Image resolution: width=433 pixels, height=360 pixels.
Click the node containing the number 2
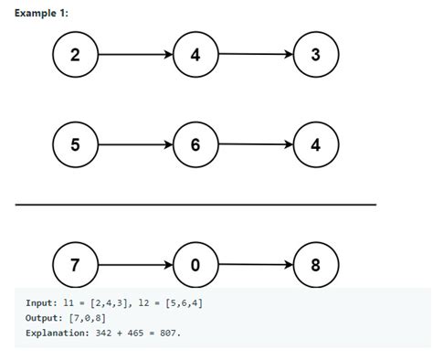(75, 55)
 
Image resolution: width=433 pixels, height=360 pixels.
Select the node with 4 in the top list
(195, 55)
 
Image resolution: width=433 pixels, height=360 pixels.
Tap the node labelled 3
(316, 55)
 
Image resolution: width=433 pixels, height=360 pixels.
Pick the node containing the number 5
(75, 144)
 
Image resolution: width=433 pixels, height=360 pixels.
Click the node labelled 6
(195, 144)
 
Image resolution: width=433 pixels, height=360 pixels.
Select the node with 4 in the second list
(316, 144)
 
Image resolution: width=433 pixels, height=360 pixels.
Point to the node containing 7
(75, 266)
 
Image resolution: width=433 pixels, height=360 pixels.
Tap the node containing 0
(195, 266)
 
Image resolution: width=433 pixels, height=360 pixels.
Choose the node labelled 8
(316, 266)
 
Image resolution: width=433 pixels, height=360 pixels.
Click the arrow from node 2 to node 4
(135, 55)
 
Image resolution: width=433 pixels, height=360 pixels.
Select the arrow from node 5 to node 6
(135, 144)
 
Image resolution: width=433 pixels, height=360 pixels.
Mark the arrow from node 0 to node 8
(256, 266)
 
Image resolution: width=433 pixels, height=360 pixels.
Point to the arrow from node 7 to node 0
(135, 266)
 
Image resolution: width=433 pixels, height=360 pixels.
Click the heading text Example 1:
(41, 13)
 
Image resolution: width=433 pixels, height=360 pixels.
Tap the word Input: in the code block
(43, 302)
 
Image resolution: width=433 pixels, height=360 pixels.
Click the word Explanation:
(57, 333)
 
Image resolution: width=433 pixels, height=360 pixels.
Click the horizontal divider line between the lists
(195, 205)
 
